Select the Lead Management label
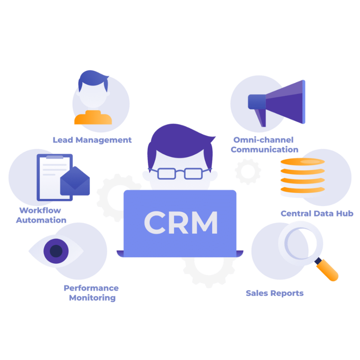92,140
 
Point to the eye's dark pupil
56,251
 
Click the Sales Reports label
275,293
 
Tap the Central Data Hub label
316,213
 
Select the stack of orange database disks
302,178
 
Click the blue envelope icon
75,181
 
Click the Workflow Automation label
41,215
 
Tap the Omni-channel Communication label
264,144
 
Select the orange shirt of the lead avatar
92,118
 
